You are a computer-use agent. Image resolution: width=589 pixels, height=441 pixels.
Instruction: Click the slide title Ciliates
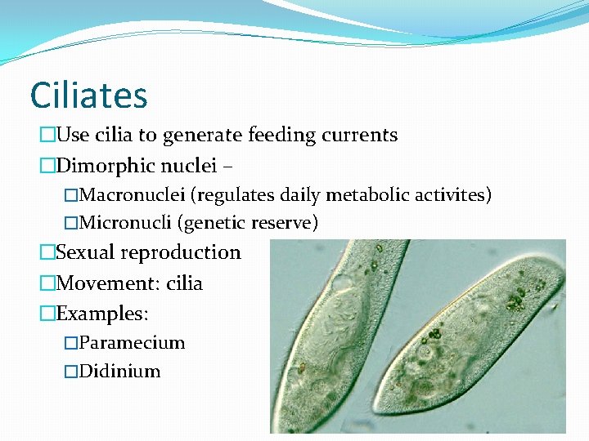(x=88, y=95)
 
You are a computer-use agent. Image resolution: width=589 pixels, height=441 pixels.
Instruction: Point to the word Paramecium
(x=133, y=342)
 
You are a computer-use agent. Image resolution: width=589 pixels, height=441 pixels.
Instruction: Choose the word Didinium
(x=121, y=371)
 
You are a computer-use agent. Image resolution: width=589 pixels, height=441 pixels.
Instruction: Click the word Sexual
(x=86, y=252)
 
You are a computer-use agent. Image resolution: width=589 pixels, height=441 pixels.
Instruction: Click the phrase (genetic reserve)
(x=248, y=222)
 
